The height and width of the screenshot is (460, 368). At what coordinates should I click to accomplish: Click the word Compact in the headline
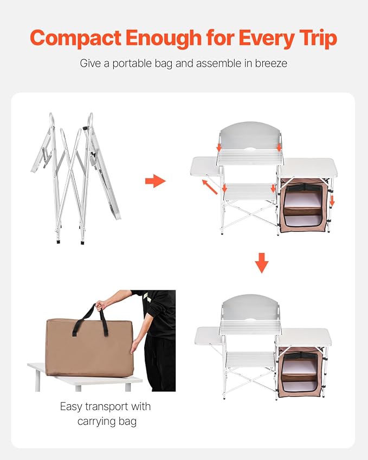coord(75,38)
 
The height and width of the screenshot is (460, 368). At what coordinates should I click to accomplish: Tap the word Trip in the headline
coord(318,38)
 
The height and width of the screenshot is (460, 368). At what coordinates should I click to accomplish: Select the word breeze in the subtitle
coord(271,63)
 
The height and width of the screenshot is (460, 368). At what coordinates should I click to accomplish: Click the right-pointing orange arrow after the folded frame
coord(155,181)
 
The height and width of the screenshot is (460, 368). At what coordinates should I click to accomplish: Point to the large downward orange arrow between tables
coord(261,263)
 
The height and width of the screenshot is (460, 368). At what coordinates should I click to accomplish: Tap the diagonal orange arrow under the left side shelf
coord(210,187)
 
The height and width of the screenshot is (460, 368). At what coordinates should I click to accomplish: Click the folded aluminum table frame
coord(76,178)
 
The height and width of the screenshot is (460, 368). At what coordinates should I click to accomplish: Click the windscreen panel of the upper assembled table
coord(250,136)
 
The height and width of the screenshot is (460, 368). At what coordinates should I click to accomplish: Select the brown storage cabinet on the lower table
coord(298,371)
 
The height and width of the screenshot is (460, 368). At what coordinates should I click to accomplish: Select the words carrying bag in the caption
coord(107,422)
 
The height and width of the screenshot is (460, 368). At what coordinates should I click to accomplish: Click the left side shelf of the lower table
coord(208,336)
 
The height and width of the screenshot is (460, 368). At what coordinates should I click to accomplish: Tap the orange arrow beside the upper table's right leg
coord(332,200)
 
